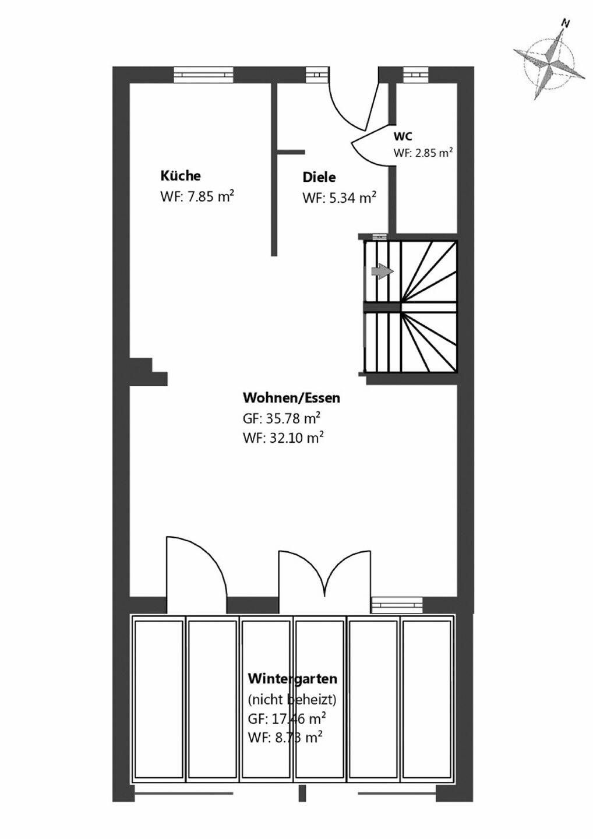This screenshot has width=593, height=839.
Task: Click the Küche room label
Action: tap(181, 175)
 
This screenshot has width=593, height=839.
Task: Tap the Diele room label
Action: tap(319, 177)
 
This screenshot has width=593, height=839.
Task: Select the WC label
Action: tap(403, 136)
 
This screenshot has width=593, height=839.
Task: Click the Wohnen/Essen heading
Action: tap(291, 398)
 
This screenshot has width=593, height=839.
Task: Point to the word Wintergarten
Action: tap(292, 679)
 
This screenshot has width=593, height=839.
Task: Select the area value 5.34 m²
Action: tap(339, 198)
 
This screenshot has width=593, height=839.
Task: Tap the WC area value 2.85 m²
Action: tap(423, 153)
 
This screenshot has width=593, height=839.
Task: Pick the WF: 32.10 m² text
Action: tap(283, 437)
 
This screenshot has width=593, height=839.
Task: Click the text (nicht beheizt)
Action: tap(292, 699)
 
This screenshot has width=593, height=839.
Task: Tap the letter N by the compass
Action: tap(564, 23)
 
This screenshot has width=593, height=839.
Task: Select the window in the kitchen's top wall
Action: tap(203, 75)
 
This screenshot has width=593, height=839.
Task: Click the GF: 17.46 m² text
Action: tap(287, 718)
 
